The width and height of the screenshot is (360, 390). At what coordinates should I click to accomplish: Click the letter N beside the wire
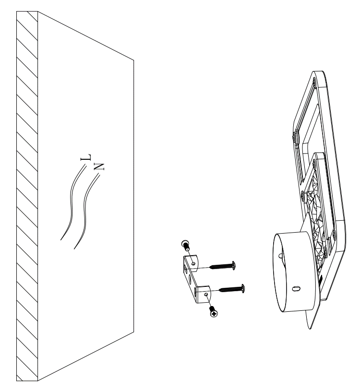click(99, 166)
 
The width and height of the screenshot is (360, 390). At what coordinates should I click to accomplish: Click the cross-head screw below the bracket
click(214, 312)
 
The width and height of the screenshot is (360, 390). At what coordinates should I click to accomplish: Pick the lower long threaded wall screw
click(232, 289)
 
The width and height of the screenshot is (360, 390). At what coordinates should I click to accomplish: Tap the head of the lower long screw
click(243, 288)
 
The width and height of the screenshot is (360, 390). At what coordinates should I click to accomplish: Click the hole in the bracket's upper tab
click(193, 263)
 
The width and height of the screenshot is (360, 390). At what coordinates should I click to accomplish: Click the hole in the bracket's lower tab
click(206, 294)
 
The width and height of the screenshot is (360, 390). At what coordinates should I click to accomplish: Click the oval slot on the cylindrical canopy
click(296, 288)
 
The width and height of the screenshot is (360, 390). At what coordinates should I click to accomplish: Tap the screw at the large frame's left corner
click(295, 136)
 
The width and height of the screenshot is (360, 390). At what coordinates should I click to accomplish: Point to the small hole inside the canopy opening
click(281, 255)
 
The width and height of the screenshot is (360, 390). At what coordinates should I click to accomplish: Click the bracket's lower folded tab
click(203, 294)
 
